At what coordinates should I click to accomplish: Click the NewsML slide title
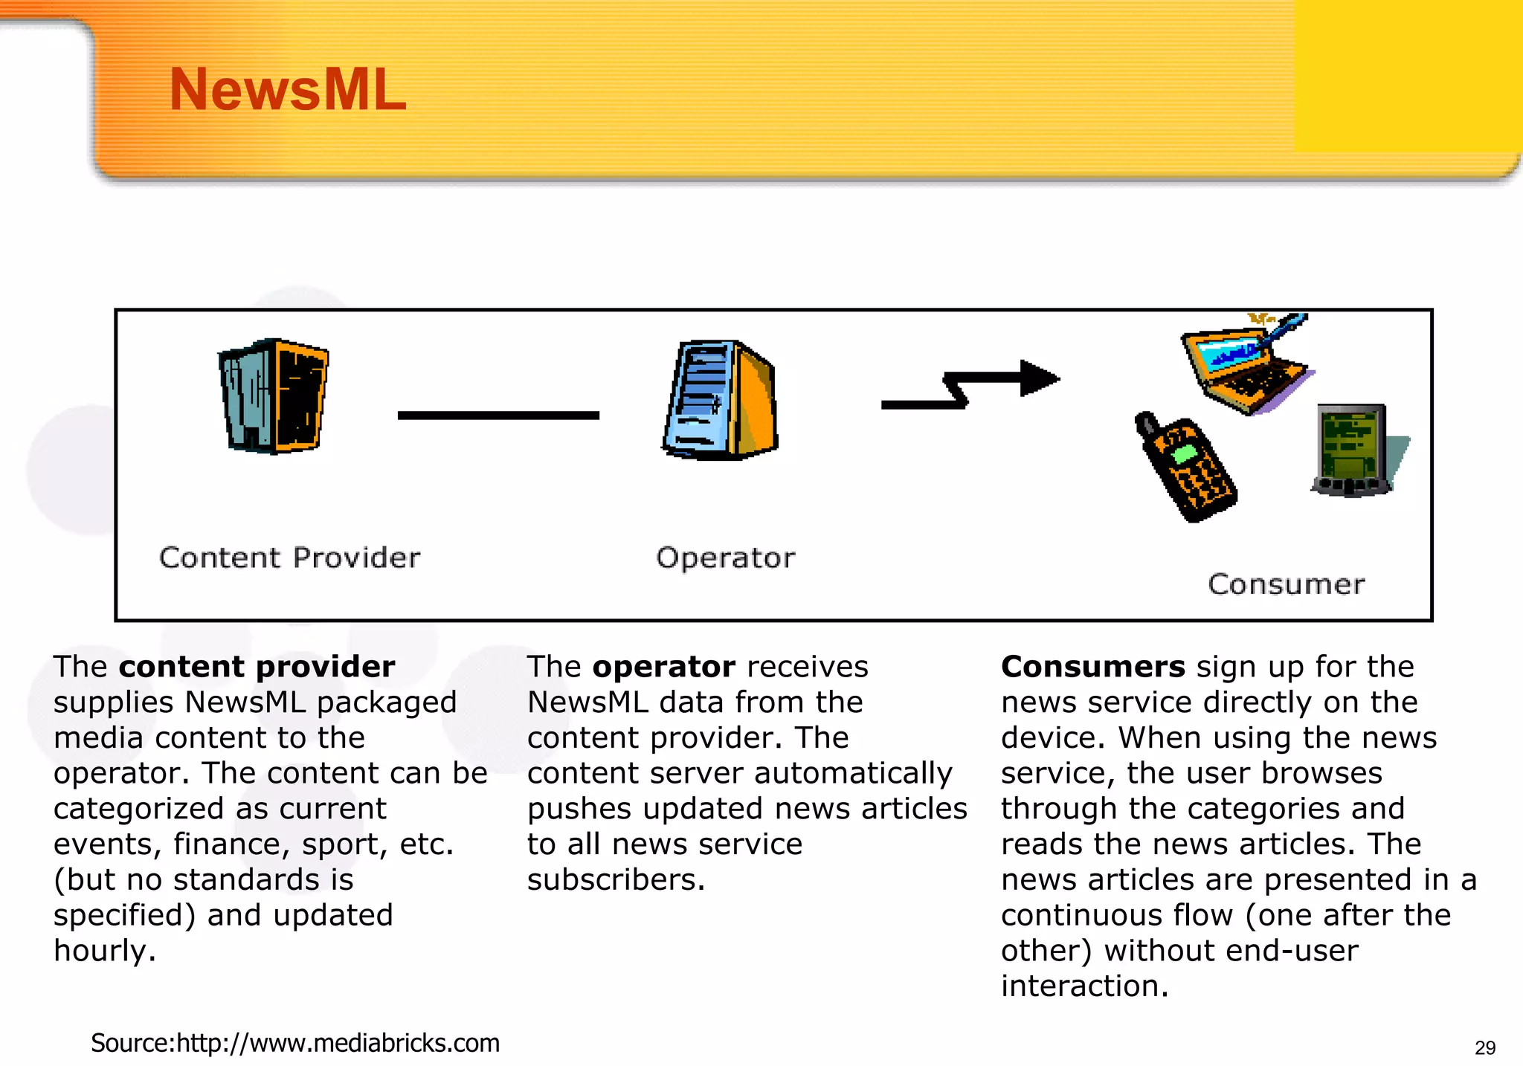pos(288,90)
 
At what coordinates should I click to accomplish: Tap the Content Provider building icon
pos(274,396)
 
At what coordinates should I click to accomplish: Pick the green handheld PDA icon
pos(1351,450)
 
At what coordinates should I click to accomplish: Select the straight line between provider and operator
pos(498,416)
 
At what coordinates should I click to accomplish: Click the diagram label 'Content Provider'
pos(290,558)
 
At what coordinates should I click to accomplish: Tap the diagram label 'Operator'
pos(725,558)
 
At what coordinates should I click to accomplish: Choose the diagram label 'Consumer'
pos(1287,584)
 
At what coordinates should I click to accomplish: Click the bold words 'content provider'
pos(257,667)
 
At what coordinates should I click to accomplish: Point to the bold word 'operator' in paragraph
pos(663,667)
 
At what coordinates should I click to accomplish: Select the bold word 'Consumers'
pos(1092,667)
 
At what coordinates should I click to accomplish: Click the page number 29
pos(1484,1047)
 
